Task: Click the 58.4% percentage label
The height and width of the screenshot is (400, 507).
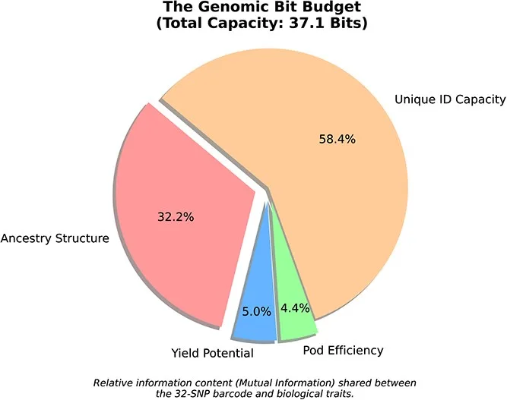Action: (x=337, y=139)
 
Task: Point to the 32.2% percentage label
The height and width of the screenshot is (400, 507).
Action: (x=176, y=217)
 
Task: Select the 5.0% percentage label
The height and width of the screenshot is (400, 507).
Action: (x=256, y=312)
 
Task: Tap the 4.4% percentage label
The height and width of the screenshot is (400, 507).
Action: (x=295, y=308)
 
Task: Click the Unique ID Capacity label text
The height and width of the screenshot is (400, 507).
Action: (x=450, y=99)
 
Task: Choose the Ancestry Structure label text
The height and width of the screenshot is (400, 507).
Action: (x=55, y=238)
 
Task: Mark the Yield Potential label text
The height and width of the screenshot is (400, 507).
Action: (x=212, y=353)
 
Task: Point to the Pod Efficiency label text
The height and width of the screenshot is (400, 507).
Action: (x=343, y=350)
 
